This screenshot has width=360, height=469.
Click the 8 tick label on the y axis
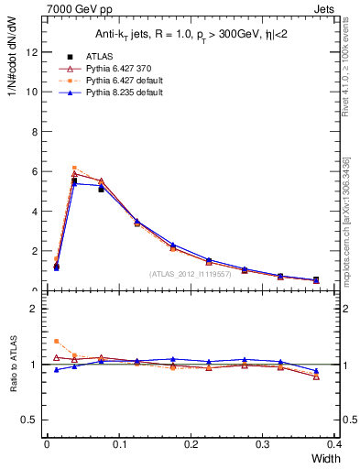(33, 132)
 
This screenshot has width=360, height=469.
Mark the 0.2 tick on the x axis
(191, 444)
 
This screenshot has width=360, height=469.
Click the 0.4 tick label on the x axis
(335, 444)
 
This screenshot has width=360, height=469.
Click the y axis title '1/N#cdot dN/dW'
(11, 55)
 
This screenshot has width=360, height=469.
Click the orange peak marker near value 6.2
(74, 168)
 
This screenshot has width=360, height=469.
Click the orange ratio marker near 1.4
(56, 341)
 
